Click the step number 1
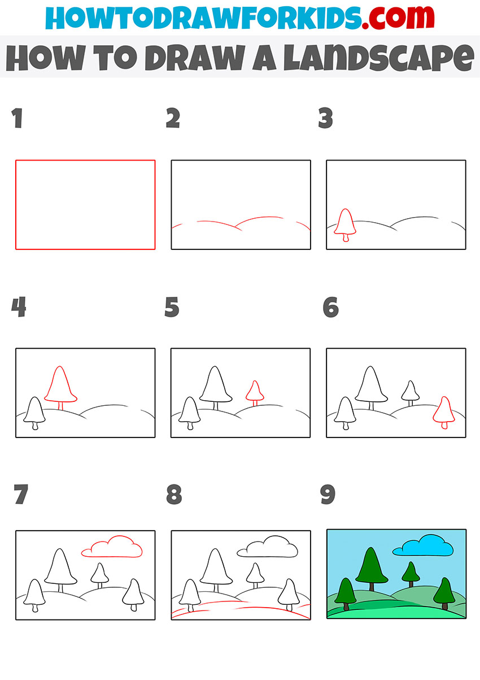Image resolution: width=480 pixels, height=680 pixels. (18, 119)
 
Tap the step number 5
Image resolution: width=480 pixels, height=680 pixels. (172, 307)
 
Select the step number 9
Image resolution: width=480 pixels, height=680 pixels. (328, 495)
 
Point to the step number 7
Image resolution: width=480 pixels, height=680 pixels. (20, 495)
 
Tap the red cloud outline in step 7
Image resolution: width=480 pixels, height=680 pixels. (112, 547)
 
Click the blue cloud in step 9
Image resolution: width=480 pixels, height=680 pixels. (424, 546)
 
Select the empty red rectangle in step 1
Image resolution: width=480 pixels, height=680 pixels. (85, 204)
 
